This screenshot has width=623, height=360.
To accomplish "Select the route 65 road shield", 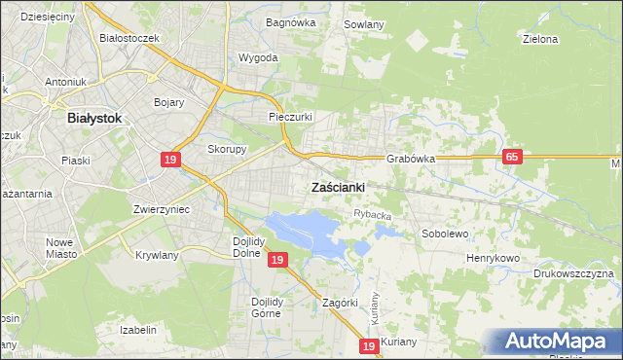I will coord(513,157).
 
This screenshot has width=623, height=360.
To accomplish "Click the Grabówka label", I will coord(410,158).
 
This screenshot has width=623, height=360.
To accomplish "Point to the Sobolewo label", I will coord(446,234).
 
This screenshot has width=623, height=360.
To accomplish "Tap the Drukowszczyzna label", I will coord(574,273).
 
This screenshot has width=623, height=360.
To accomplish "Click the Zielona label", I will coord(539,40).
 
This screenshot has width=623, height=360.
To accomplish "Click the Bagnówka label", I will coord(287,21).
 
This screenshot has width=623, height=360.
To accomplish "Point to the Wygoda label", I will coord(258,57).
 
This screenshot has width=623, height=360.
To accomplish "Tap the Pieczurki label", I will coord(290,117).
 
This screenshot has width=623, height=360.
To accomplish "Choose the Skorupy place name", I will coord(227,149).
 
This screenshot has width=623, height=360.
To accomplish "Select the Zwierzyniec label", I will coord(161,209).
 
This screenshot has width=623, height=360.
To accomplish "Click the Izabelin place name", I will coord(138,330).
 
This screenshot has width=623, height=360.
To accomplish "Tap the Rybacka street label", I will coord(373,215).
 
